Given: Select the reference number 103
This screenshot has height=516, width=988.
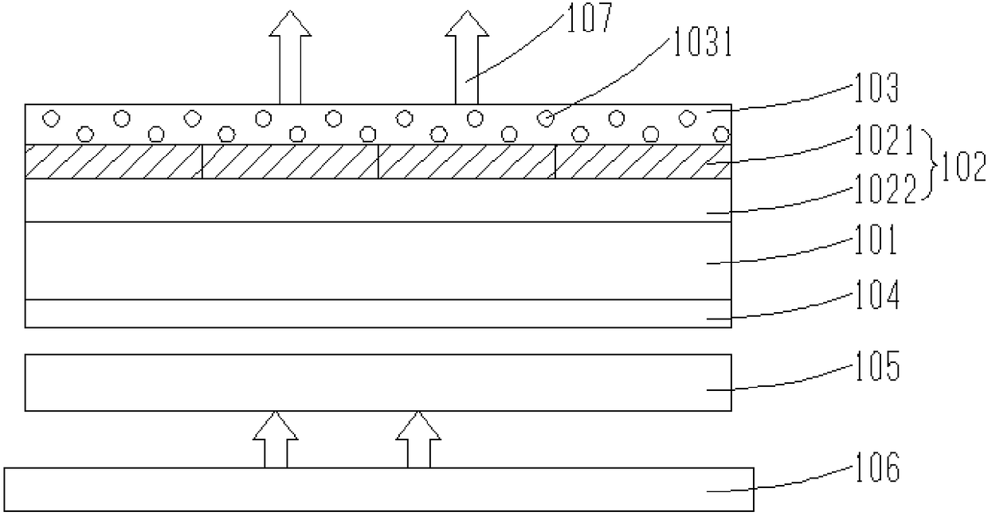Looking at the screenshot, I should click(877, 89).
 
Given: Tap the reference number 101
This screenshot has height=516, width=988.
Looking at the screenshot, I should click(876, 240).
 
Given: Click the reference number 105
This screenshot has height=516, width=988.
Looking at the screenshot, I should click(876, 369).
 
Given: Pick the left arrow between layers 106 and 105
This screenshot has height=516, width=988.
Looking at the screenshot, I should click(275, 440).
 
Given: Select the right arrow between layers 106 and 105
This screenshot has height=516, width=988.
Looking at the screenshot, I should click(418, 440).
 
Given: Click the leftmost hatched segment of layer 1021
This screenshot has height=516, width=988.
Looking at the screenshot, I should click(114, 162).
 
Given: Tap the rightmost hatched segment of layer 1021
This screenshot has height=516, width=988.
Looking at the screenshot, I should click(642, 162).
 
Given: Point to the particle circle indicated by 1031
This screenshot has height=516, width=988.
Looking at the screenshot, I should click(546, 118).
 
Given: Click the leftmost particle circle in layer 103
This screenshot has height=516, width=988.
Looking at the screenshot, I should click(50, 118).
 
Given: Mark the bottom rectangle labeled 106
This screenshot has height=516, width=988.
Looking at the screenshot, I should click(378, 490).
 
